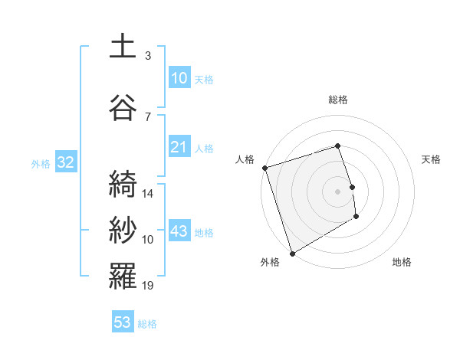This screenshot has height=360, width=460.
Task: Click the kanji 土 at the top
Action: pyautogui.click(x=123, y=47)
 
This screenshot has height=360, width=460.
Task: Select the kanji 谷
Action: pyautogui.click(x=123, y=107)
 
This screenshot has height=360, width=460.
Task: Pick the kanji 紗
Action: pyautogui.click(x=123, y=230)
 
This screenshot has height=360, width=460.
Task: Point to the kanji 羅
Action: pyautogui.click(x=123, y=276)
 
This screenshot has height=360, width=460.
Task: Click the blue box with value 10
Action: pyautogui.click(x=179, y=78)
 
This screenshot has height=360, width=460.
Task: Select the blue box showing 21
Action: pyautogui.click(x=179, y=147)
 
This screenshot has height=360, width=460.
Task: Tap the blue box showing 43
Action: pyautogui.click(x=179, y=231)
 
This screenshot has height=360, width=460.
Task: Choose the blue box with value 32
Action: pyautogui.click(x=65, y=162)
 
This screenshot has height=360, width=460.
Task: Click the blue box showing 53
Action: pyautogui.click(x=123, y=322)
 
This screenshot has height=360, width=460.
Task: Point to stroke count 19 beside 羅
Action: pyautogui.click(x=148, y=286)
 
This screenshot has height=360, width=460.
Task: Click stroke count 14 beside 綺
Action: pyautogui.click(x=148, y=194)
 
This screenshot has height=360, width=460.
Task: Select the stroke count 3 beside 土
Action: pyautogui.click(x=148, y=56)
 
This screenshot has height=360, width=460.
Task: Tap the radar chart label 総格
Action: pyautogui.click(x=338, y=100)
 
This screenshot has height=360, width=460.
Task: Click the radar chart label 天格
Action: pyautogui.click(x=431, y=159)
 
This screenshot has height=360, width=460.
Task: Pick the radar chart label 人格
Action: pyautogui.click(x=245, y=159)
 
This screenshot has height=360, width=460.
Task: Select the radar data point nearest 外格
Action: pyautogui.click(x=291, y=254)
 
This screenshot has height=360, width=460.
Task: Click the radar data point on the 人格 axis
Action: pyautogui.click(x=264, y=168)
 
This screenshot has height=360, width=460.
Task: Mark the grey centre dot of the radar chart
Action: pyautogui.click(x=338, y=191)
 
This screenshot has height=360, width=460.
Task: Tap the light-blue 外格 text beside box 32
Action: pyautogui.click(x=41, y=163)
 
